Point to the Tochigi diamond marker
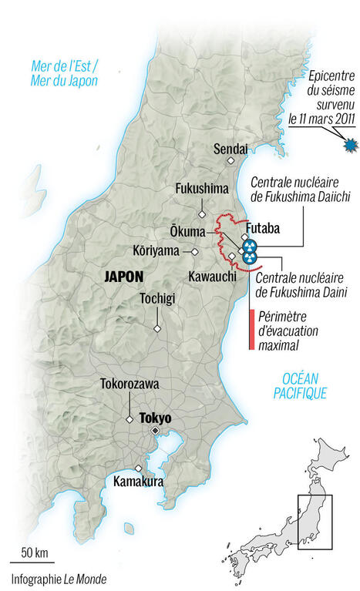157,329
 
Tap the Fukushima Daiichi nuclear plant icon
249,246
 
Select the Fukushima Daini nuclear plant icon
248,258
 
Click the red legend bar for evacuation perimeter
251,330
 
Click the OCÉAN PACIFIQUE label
300,385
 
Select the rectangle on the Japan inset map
315,522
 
